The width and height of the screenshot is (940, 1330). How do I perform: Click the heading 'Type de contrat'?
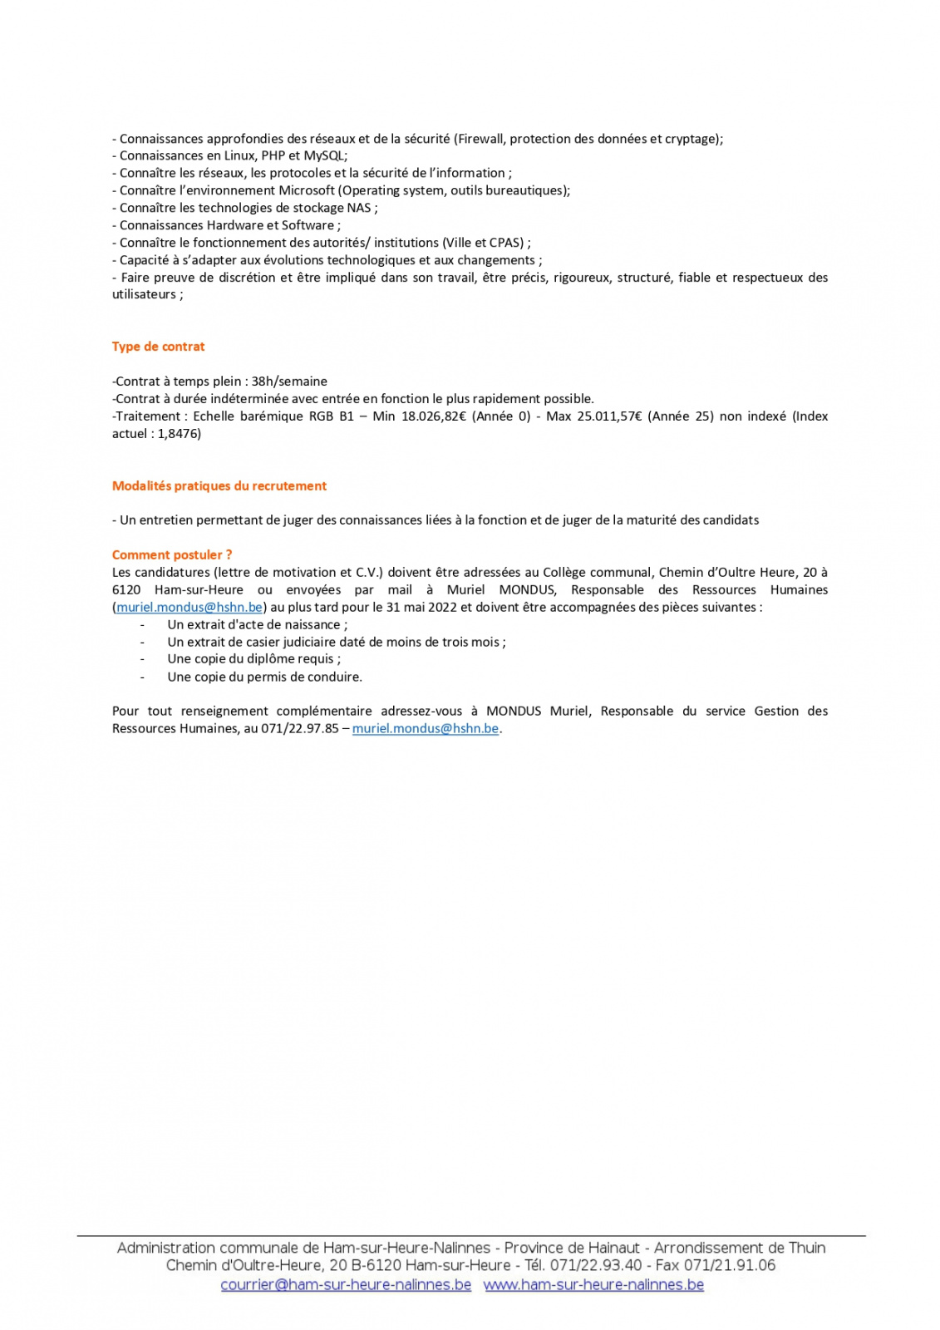[158, 347]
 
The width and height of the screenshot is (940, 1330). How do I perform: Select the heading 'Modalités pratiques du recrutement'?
[219, 485]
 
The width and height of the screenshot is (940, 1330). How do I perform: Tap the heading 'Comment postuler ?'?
[172, 554]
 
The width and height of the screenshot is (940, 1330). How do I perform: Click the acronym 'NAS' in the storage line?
[358, 208]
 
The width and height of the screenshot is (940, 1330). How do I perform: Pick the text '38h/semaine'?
[289, 382]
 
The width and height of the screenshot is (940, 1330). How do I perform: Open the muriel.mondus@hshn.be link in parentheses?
[189, 608]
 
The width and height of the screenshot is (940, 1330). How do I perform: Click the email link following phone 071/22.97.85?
[425, 729]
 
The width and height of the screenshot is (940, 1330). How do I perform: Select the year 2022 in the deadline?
[439, 608]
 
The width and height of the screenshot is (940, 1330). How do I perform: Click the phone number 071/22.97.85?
[300, 729]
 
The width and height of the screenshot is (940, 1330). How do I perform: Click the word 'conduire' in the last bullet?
[335, 677]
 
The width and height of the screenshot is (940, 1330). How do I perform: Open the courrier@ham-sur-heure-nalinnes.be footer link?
[346, 1285]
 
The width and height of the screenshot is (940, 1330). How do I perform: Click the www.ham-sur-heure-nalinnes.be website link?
[593, 1285]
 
